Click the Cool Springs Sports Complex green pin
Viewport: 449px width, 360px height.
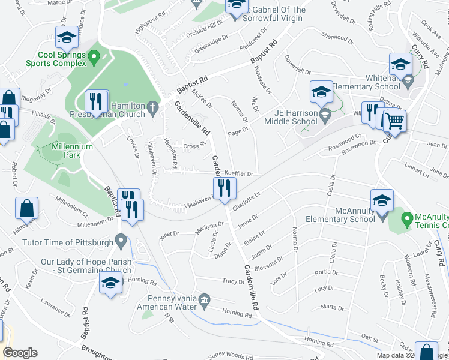(93, 58)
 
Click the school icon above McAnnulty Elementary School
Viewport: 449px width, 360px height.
(382, 202)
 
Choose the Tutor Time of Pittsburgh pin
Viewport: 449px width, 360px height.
(122, 242)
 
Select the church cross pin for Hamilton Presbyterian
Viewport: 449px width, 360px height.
(153, 109)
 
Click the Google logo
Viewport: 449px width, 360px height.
(20, 353)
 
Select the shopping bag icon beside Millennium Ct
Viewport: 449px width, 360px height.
(28, 209)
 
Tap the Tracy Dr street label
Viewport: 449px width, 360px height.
(233, 281)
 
